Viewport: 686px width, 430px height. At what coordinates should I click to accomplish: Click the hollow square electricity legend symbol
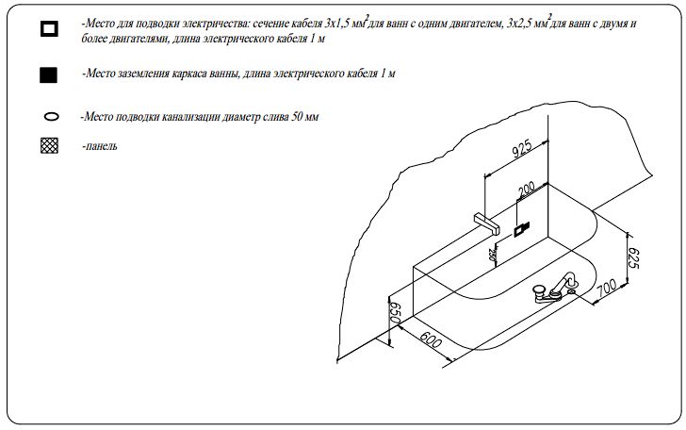point(49,29)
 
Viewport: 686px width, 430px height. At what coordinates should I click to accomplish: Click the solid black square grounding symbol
point(49,74)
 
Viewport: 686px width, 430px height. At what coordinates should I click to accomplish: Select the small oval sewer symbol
point(51,117)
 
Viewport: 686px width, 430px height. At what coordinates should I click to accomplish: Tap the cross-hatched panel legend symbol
point(49,145)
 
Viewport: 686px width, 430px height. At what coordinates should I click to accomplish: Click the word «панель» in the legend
point(101,146)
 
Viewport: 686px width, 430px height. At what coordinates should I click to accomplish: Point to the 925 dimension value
point(521,148)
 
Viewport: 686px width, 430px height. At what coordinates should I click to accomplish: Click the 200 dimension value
point(527,190)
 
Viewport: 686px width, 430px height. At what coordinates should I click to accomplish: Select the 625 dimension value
point(634,258)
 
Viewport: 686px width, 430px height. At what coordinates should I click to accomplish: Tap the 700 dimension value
point(607,287)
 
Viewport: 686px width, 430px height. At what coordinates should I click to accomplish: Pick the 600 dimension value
point(431,339)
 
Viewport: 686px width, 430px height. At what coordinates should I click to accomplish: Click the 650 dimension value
point(395,313)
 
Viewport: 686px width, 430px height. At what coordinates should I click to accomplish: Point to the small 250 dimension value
point(492,255)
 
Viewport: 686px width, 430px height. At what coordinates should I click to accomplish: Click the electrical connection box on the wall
point(521,229)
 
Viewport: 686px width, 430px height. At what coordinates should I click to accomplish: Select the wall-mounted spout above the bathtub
point(487,223)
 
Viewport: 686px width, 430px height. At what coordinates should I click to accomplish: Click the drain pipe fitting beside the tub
point(555,288)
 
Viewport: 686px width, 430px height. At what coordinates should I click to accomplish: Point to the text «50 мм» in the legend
point(304,117)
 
